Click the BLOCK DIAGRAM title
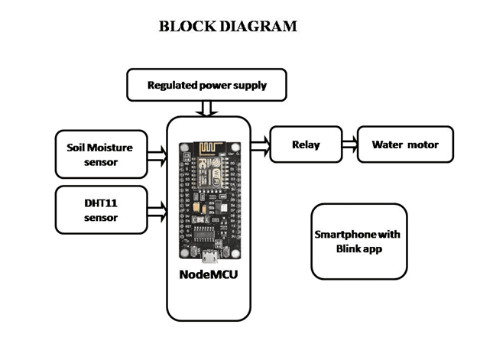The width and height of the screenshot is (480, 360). click(x=228, y=26)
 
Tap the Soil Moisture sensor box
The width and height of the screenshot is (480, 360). click(x=102, y=154)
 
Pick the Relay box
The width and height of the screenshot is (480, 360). click(x=305, y=144)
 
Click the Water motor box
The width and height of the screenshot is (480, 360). click(x=404, y=144)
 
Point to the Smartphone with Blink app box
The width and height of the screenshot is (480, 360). click(x=358, y=241)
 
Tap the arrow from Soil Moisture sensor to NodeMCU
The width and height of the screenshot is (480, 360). click(x=157, y=156)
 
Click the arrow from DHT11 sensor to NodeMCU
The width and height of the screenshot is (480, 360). click(x=157, y=208)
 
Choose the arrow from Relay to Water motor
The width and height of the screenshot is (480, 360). click(x=349, y=144)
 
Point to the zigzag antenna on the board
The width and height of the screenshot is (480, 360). click(x=210, y=148)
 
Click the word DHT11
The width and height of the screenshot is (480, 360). click(x=102, y=203)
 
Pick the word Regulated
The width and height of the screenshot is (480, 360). click(x=173, y=85)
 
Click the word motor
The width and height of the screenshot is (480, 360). click(x=424, y=144)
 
